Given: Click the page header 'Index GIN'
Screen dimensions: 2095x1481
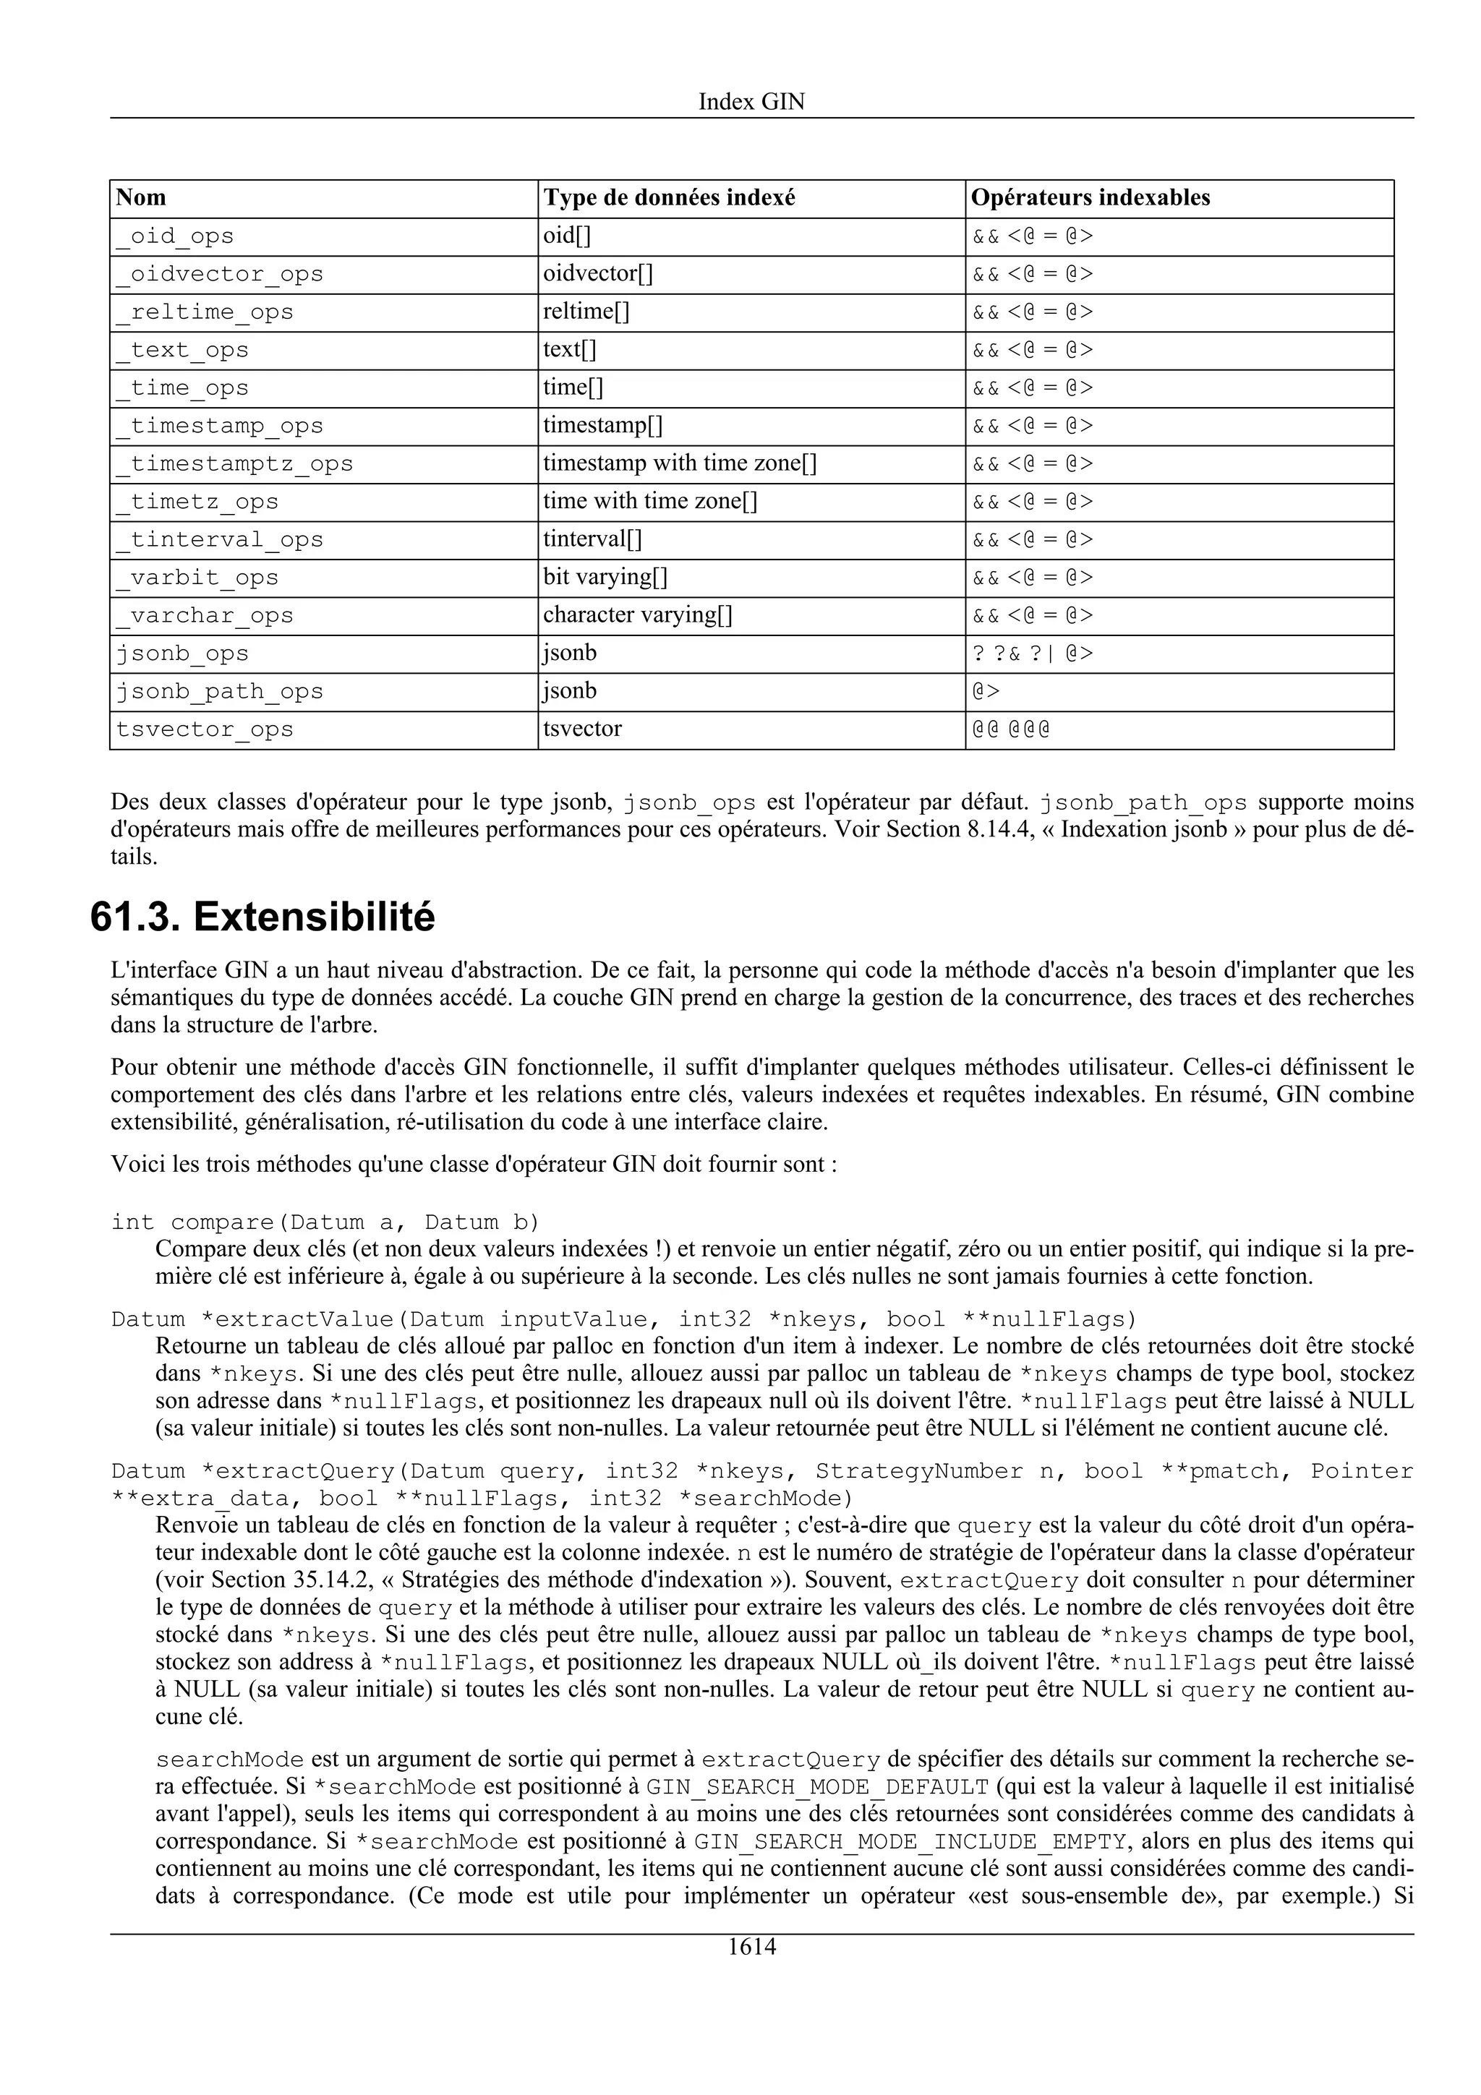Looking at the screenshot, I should click(x=751, y=101).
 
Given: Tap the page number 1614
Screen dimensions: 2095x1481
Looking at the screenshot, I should click(x=751, y=1946).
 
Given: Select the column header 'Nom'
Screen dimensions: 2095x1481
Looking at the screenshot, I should click(x=142, y=198).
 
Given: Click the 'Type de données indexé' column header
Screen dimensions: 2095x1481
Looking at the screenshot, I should click(x=669, y=198).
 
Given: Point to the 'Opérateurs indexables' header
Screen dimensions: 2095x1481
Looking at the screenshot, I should click(x=1091, y=198).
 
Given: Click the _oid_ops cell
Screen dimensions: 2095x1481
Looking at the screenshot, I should click(x=175, y=236).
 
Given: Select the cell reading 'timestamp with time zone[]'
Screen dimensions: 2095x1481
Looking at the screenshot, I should click(x=680, y=463).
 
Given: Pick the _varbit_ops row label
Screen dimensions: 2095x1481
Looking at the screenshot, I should click(x=198, y=578).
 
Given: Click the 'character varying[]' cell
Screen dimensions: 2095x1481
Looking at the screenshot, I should click(x=638, y=615).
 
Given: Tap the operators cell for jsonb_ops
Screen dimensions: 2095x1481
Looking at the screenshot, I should click(x=1032, y=654).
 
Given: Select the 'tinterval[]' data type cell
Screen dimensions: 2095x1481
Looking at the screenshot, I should click(x=593, y=539).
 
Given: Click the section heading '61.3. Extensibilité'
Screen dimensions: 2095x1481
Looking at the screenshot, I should click(x=263, y=917).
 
